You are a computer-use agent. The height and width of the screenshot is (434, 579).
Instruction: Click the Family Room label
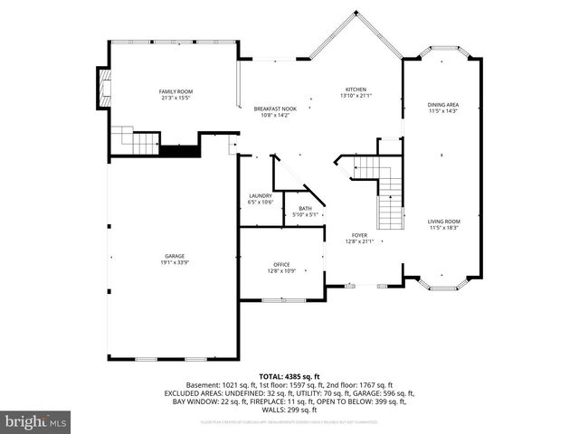(176, 91)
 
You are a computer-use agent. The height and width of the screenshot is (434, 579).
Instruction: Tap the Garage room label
(175, 256)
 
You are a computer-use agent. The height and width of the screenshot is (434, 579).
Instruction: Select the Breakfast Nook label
(274, 108)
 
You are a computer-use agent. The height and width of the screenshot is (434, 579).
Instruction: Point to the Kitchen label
(355, 90)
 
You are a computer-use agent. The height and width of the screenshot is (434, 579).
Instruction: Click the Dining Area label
(443, 105)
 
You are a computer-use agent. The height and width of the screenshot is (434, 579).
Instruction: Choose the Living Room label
(443, 222)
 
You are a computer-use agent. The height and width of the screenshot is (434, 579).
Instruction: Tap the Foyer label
(359, 235)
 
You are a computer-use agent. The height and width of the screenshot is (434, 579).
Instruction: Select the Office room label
(282, 264)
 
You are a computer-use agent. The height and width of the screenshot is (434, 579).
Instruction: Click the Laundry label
(261, 195)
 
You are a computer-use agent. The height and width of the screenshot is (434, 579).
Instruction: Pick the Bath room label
(304, 209)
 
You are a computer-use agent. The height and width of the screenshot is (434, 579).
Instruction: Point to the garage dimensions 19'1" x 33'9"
(175, 262)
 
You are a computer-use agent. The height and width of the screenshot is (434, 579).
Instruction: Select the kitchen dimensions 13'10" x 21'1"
(355, 97)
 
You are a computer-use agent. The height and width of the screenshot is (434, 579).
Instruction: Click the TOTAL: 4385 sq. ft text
(289, 375)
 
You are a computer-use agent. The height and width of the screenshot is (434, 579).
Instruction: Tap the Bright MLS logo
(36, 421)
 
